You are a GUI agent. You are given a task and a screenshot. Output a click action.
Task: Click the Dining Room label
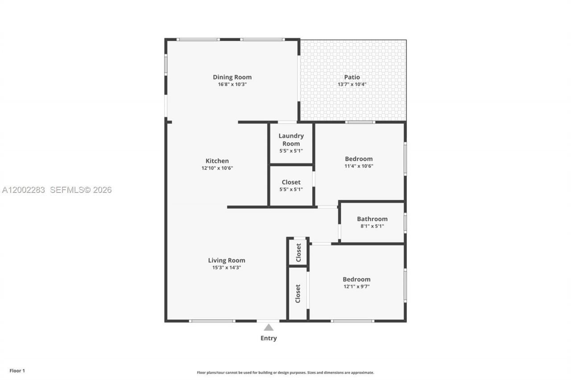click(x=232, y=77)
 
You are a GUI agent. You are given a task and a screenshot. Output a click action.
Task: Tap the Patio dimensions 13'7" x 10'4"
click(x=352, y=84)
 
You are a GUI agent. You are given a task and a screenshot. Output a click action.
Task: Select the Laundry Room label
click(x=291, y=139)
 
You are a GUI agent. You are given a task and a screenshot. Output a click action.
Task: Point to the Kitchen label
click(x=217, y=161)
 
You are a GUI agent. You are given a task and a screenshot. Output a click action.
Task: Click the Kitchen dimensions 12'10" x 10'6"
click(x=217, y=168)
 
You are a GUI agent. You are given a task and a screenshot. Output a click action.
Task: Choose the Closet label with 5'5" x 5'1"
click(x=291, y=182)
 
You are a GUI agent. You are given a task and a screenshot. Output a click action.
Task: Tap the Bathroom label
click(x=372, y=219)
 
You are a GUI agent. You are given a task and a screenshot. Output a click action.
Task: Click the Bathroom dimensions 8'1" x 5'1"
click(x=372, y=226)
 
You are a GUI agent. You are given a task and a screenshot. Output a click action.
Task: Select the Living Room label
click(x=227, y=260)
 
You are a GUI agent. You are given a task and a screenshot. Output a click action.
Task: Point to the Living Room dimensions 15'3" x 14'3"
click(x=227, y=267)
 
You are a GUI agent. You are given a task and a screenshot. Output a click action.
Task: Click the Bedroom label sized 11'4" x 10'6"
click(x=359, y=159)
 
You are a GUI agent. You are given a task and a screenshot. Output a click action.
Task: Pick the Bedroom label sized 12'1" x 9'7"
click(x=356, y=279)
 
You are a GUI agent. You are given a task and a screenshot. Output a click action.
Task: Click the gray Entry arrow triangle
click(x=269, y=327)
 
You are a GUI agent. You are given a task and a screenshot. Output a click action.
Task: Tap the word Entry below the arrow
click(x=269, y=338)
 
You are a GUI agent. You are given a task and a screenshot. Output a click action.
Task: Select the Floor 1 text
click(x=17, y=370)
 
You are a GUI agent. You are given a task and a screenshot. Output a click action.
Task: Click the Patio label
click(x=352, y=77)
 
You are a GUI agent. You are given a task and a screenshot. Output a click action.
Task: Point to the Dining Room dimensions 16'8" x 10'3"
click(x=232, y=84)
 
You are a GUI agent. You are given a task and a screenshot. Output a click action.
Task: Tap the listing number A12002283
click(x=24, y=190)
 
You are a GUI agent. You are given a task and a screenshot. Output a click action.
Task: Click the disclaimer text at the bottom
click(x=285, y=372)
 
